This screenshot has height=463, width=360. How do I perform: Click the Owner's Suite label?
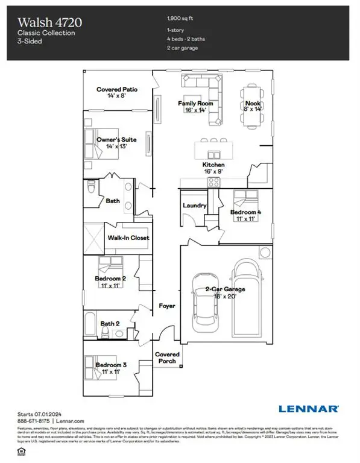(x=116, y=140)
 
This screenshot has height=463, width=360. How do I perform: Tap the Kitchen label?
(x=213, y=165)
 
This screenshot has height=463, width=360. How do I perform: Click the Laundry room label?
(x=195, y=206)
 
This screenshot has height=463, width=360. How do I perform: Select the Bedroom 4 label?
(x=246, y=213)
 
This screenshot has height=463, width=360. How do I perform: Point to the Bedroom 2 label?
(x=110, y=279)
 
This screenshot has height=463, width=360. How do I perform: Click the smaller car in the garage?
(x=203, y=298)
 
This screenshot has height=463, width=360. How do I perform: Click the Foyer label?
(x=166, y=306)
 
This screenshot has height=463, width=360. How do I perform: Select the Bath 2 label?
(x=110, y=324)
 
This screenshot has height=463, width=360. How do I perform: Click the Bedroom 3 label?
(x=110, y=365)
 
